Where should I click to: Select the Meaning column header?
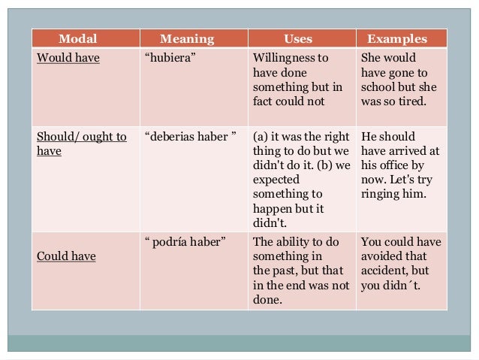tap(187, 39)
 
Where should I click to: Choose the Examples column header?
tap(396, 39)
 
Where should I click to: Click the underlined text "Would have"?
tap(68, 58)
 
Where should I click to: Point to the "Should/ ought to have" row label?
tap(82, 144)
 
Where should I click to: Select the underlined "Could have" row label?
tap(67, 256)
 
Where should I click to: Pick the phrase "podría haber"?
tap(185, 242)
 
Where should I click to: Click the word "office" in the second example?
tap(394, 165)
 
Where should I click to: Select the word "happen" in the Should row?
tap(272, 208)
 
